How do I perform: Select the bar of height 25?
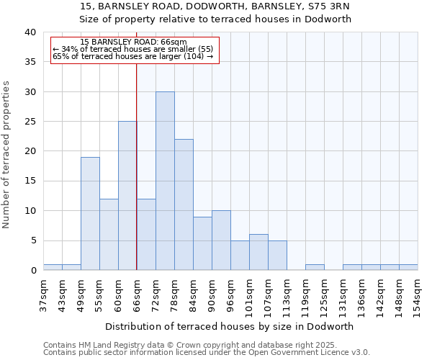tap(127, 196)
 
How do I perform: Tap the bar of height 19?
tap(90, 214)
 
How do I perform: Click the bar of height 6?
tap(258, 252)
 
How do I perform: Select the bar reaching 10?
tap(221, 240)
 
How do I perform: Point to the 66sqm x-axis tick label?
tap(137, 294)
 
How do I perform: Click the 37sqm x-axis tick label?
tap(43, 294)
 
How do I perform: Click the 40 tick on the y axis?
tap(30, 32)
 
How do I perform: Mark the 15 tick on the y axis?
tap(30, 181)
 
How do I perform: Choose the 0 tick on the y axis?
tap(32, 271)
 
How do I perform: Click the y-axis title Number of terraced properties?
tap(6, 155)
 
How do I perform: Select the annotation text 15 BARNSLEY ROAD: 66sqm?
tap(133, 42)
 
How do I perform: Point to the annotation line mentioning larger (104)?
tap(133, 56)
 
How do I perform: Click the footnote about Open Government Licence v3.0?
tap(207, 353)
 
